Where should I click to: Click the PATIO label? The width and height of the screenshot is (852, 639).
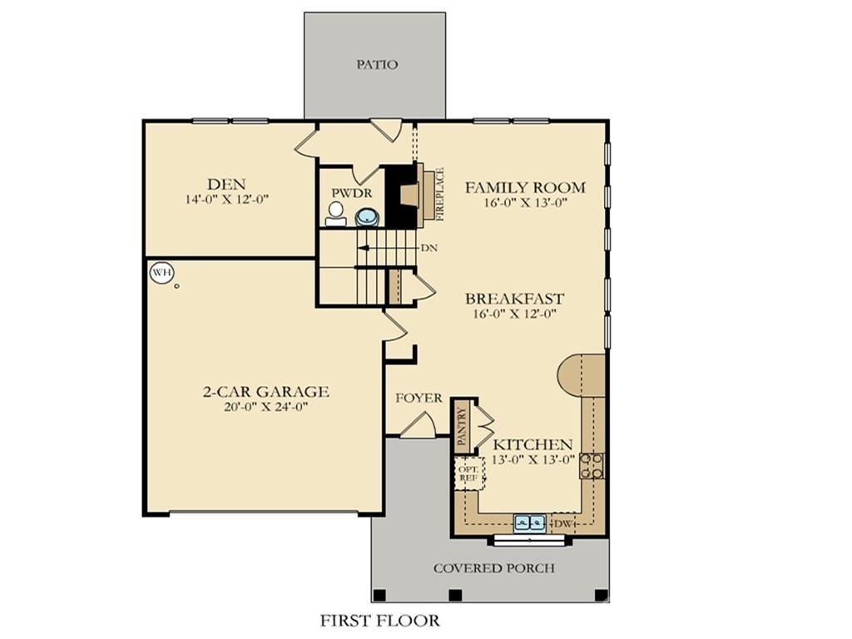(x=377, y=64)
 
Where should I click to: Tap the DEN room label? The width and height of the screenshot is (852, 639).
(x=227, y=184)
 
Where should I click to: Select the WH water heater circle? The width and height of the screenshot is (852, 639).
(x=161, y=272)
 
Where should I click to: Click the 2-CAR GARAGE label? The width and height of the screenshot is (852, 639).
(x=266, y=391)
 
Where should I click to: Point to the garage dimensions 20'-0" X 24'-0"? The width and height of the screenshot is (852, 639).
(x=266, y=407)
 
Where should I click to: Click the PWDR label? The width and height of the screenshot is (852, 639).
(x=349, y=192)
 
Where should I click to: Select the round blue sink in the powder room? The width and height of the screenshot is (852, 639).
(x=366, y=218)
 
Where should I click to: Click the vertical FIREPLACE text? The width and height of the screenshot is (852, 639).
(x=441, y=193)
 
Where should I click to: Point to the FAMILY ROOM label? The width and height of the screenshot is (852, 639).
(x=524, y=187)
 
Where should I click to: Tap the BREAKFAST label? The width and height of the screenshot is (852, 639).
(x=514, y=299)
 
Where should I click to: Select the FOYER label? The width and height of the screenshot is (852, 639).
(x=419, y=398)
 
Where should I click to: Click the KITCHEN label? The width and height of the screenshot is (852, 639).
(x=532, y=445)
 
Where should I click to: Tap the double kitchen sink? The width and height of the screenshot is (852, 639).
(x=529, y=523)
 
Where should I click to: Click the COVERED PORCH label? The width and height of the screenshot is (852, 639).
(x=493, y=568)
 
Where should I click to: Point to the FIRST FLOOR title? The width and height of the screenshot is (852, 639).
(x=379, y=620)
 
